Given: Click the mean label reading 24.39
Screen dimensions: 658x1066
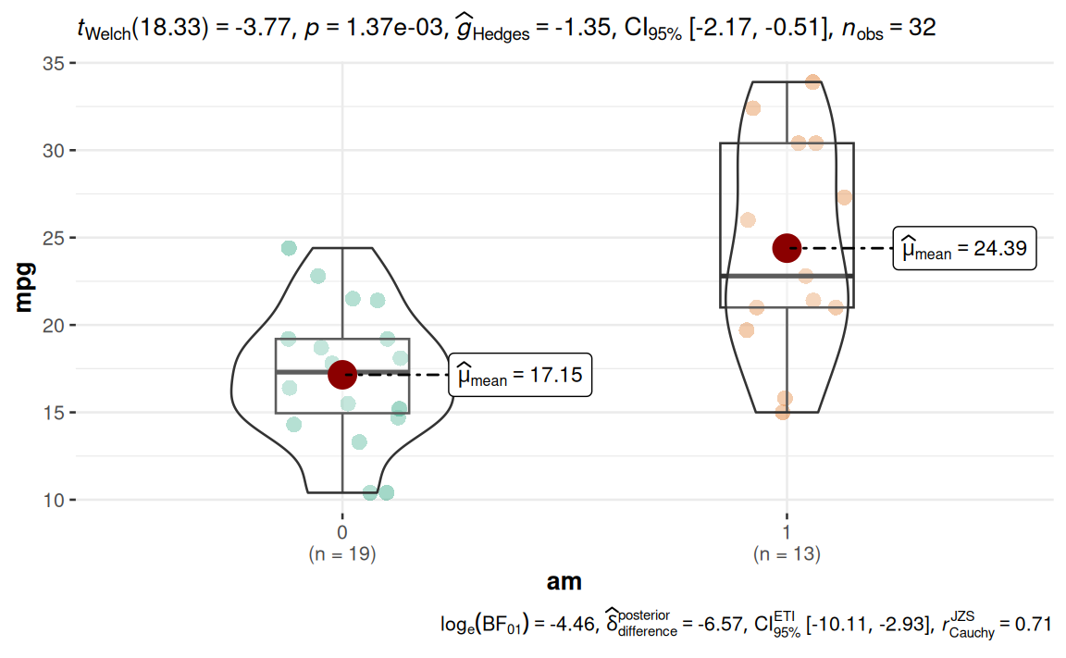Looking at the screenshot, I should click(964, 248).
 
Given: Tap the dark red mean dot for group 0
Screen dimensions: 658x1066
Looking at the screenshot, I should click(342, 374).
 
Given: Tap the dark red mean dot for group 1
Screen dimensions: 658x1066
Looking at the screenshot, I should click(787, 247).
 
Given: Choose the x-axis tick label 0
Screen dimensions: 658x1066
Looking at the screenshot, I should click(342, 533).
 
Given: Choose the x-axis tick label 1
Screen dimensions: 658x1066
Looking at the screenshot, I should click(787, 533).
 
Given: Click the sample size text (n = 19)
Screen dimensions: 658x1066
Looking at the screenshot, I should click(342, 554).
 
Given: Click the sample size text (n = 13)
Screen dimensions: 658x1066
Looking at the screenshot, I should click(787, 554).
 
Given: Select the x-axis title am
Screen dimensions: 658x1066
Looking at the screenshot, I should click(564, 581).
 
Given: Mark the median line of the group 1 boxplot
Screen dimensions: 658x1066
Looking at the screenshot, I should click(787, 276).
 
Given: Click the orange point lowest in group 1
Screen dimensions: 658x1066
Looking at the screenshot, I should click(783, 412).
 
